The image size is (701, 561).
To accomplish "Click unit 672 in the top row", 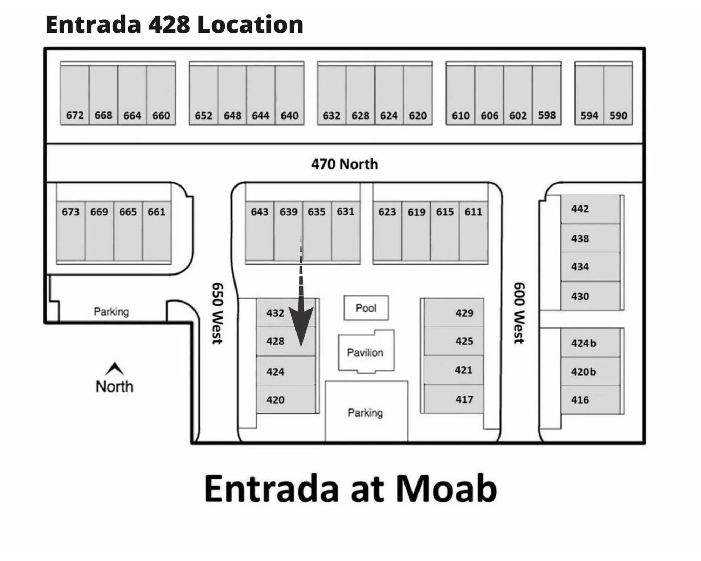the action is click(75, 95).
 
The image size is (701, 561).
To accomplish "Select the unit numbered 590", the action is click(618, 95).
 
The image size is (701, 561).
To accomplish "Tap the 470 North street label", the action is click(345, 164).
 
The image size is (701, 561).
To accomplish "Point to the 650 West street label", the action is click(217, 313).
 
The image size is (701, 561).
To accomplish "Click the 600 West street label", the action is click(519, 313).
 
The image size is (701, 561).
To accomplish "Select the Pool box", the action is click(366, 308).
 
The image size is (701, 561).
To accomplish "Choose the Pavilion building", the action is click(365, 352).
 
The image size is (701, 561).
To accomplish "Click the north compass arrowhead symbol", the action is click(115, 369).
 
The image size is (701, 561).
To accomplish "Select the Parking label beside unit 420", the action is click(365, 413).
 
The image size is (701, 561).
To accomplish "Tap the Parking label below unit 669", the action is click(111, 311).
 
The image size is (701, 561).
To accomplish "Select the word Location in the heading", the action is click(250, 25).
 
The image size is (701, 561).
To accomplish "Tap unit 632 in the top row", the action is click(332, 95).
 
